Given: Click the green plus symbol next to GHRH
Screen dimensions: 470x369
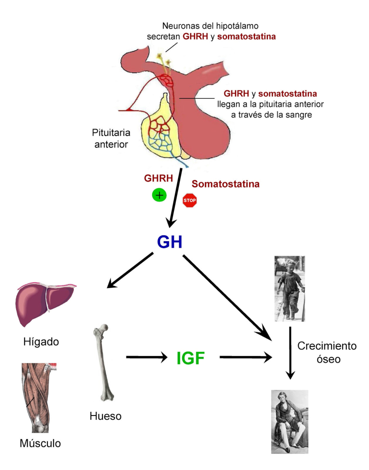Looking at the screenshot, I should click(x=159, y=195).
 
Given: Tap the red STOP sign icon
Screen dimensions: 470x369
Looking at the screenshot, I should click(x=190, y=200).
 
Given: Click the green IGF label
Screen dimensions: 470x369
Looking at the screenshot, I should click(x=190, y=358).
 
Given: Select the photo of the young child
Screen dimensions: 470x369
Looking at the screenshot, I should click(x=289, y=288).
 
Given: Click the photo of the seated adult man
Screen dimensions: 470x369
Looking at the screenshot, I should click(x=289, y=421).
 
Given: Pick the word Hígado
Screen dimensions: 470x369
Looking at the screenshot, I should click(x=41, y=342).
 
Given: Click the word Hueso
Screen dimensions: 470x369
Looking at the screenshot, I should click(x=106, y=416).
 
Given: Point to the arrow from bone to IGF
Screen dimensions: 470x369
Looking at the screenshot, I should click(x=145, y=357).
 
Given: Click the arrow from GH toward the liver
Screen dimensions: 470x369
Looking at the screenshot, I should click(x=130, y=271).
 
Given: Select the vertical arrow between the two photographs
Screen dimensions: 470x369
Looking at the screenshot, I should click(x=290, y=353).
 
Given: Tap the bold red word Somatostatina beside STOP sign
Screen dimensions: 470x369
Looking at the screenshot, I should click(x=226, y=184).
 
